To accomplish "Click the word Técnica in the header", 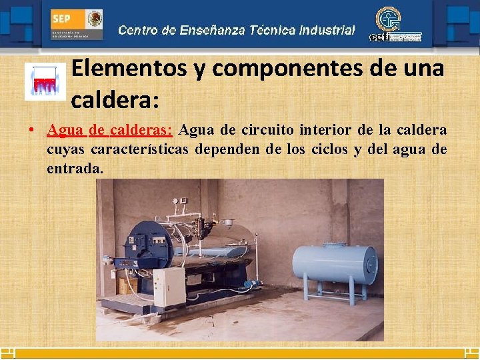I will coord(273,30).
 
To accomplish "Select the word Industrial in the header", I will coord(327,30).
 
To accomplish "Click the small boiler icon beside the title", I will coord(45,82).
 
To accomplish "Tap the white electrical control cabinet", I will coord(168,287).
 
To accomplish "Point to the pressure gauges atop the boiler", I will coord(175,201).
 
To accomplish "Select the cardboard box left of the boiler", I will coord(125,285).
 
